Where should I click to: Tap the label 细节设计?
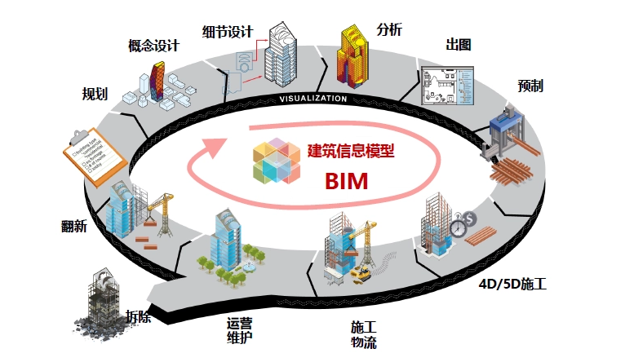point(228,32)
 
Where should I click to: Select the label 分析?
point(389,29)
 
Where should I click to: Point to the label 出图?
point(459,45)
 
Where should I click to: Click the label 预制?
point(530,86)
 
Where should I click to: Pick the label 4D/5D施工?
point(512,285)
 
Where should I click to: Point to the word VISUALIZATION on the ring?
point(313,99)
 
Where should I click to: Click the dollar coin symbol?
point(471,219)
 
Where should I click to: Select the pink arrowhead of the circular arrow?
point(213,145)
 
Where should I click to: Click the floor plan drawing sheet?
point(446,86)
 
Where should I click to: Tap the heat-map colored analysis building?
point(354,56)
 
